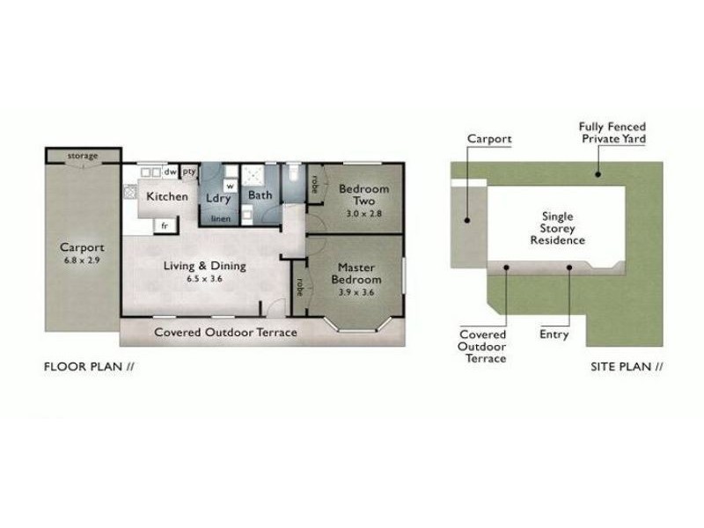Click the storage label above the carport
pyautogui.click(x=83, y=156)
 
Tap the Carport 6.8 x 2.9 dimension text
pyautogui.click(x=82, y=260)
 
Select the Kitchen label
pyautogui.click(x=167, y=196)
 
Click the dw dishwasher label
pyautogui.click(x=170, y=172)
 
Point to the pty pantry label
pyautogui.click(x=189, y=172)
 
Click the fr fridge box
pyautogui.click(x=165, y=225)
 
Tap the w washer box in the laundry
pyautogui.click(x=231, y=186)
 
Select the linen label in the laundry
pyautogui.click(x=221, y=219)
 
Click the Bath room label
pyautogui.click(x=260, y=195)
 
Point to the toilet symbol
pyautogui.click(x=294, y=172)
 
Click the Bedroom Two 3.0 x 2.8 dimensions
pyautogui.click(x=364, y=214)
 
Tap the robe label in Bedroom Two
pyautogui.click(x=315, y=184)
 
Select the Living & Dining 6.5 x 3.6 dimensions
pyautogui.click(x=205, y=279)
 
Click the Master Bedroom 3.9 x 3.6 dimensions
pyautogui.click(x=356, y=292)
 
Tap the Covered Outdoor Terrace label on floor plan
pyautogui.click(x=225, y=333)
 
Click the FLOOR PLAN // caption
pyautogui.click(x=89, y=367)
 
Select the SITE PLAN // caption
pyautogui.click(x=627, y=367)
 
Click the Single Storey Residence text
pyautogui.click(x=558, y=228)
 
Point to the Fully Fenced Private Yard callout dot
pyautogui.click(x=598, y=174)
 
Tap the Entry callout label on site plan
pyautogui.click(x=554, y=334)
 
